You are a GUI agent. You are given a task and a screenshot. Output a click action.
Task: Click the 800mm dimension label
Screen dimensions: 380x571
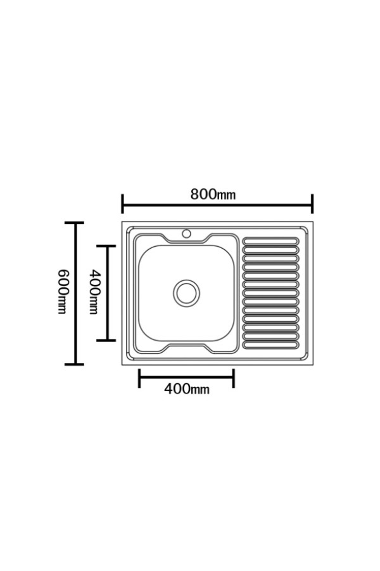213,195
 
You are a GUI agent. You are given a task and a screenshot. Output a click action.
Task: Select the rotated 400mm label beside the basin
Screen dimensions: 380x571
94,291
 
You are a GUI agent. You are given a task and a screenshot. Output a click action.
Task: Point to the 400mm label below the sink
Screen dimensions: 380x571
187,389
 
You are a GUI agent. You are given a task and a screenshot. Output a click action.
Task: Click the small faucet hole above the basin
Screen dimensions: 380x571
187,233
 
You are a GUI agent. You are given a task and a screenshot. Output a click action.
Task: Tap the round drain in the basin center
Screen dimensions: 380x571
187,293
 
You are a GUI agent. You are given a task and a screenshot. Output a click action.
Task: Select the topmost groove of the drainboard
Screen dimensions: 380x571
270,241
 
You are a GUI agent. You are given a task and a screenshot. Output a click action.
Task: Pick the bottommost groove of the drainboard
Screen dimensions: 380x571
270,345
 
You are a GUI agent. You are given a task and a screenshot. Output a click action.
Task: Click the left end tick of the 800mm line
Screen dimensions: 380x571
122,204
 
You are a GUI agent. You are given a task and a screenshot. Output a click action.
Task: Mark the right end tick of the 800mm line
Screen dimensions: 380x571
312,204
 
